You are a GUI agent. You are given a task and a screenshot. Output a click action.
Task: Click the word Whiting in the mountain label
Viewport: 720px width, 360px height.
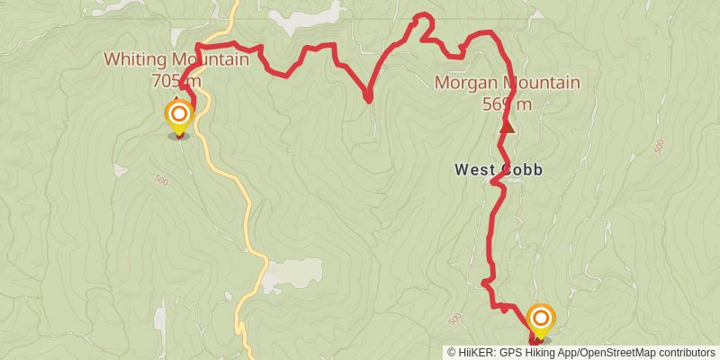tap(133, 60)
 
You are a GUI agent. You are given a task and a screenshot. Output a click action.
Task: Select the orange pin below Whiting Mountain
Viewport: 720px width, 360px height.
tap(179, 118)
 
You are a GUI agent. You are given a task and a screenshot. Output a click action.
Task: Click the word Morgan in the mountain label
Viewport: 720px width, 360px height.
tap(464, 83)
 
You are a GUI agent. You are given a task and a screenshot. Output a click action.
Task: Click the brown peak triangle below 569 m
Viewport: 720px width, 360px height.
tap(508, 126)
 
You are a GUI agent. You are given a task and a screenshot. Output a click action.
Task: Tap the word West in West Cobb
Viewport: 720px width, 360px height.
tap(474, 169)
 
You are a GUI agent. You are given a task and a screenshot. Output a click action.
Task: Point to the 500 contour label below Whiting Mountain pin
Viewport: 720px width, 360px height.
tap(162, 180)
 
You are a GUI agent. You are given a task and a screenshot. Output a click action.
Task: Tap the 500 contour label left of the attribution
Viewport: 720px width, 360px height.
tap(454, 319)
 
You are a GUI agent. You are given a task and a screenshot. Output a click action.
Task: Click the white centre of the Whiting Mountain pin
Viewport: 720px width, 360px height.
tap(179, 114)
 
